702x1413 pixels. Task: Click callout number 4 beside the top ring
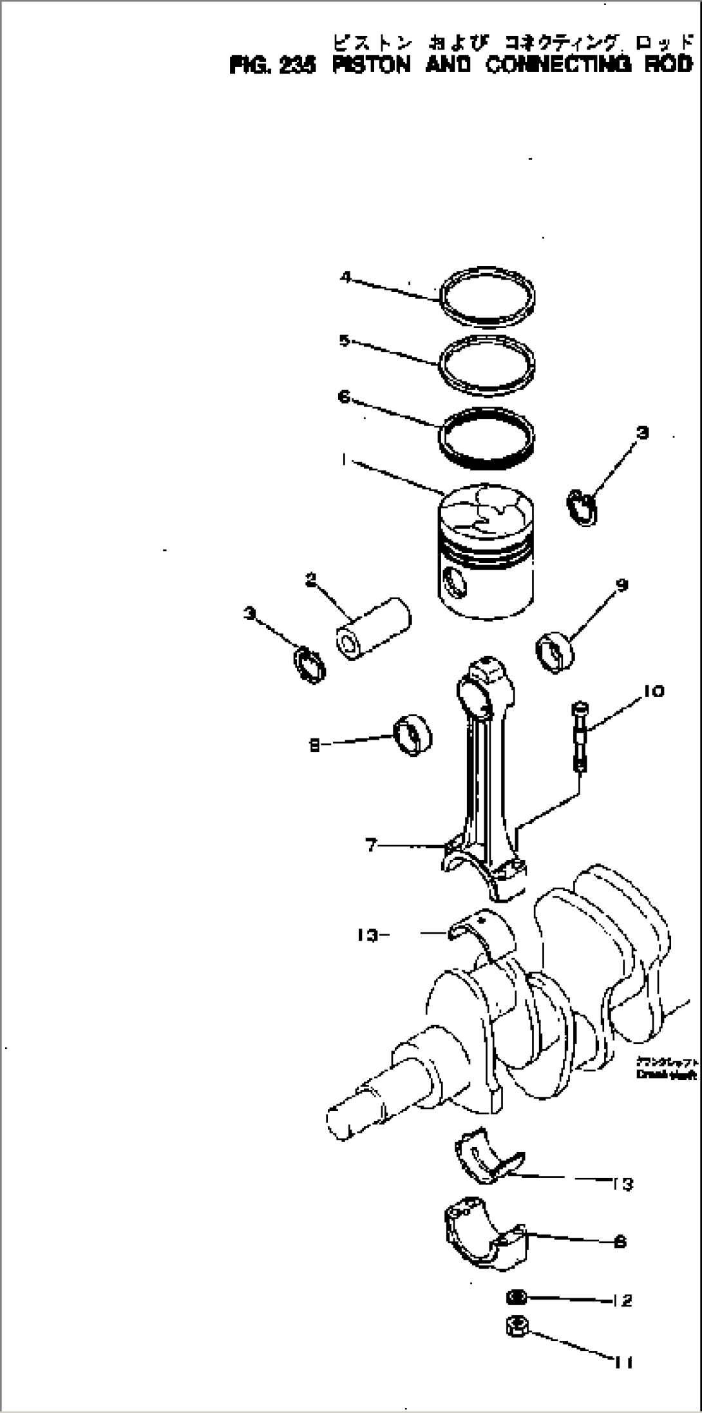(346, 278)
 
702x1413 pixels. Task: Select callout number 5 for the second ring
(345, 340)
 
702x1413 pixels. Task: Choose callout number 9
(621, 584)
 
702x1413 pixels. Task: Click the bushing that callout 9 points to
(555, 652)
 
